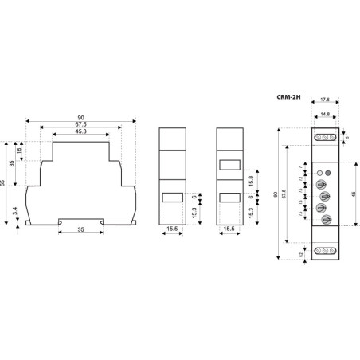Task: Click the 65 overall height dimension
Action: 5,182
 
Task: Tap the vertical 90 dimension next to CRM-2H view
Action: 276,194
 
